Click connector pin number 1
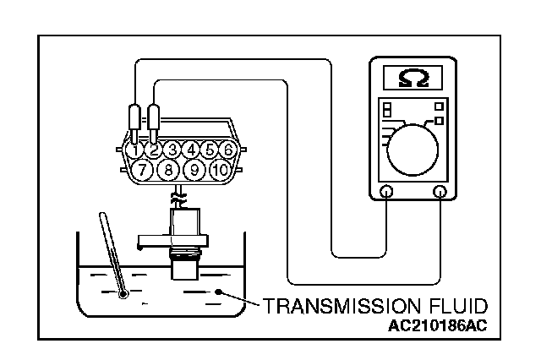pos(134,150)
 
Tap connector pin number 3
pos(172,150)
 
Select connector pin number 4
pos(191,150)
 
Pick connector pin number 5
pos(209,150)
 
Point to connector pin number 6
pos(227,150)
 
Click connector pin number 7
pos(144,170)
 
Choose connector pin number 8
pos(168,170)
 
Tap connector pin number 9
pos(194,170)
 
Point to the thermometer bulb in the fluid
pos(123,293)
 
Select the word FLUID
pos(453,305)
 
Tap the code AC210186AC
pos(442,325)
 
